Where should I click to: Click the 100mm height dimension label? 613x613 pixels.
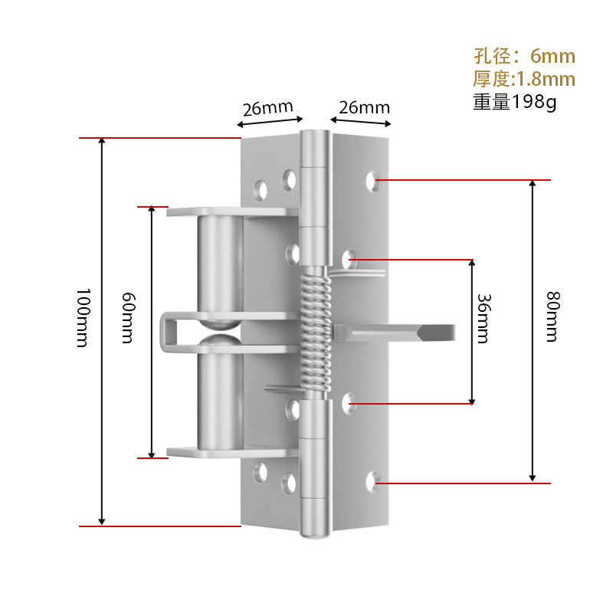pos(84,318)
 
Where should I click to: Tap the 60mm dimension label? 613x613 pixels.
pos(128,318)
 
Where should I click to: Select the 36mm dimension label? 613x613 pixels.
pos(484,319)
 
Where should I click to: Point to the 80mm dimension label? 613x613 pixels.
pos(553,316)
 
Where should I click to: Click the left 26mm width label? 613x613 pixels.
pos(267,108)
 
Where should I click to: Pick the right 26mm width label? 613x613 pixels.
pos(365,107)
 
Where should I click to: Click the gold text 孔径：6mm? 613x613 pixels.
pos(525,56)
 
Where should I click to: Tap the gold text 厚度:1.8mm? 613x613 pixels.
pos(524,79)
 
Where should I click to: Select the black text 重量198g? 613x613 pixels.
pos(514,102)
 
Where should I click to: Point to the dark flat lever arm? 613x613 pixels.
pos(394,333)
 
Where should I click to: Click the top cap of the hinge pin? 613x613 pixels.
pos(315,149)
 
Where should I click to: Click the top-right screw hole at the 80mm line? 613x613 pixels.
pos(372,181)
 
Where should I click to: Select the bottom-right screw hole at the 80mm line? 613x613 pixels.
pos(372,482)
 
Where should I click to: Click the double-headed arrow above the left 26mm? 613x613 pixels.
pos(270,122)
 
